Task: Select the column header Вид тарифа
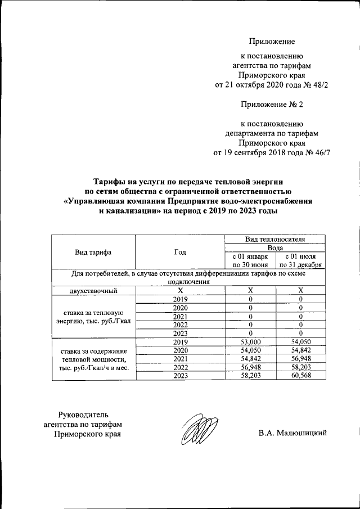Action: pyautogui.click(x=93, y=252)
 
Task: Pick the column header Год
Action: pyautogui.click(x=180, y=252)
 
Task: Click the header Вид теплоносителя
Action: pyautogui.click(x=275, y=239)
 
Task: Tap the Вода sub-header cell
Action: pyautogui.click(x=275, y=247)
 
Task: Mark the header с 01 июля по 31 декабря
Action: pyautogui.click(x=301, y=260)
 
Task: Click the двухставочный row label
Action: pyautogui.click(x=93, y=290)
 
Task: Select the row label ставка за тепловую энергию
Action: pyautogui.click(x=93, y=317)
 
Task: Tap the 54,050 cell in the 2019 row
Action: pyautogui.click(x=301, y=341)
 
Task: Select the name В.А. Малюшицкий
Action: pyautogui.click(x=292, y=433)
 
